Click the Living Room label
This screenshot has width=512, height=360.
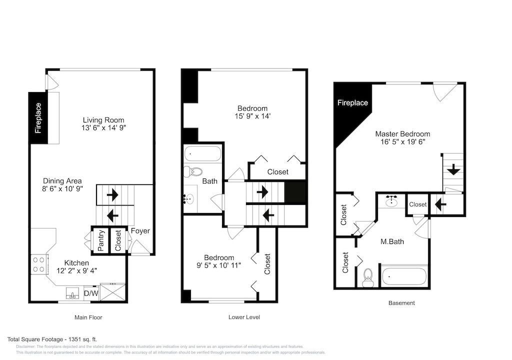103,120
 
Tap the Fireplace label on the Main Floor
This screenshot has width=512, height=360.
38,118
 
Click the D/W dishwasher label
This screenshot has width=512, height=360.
91,293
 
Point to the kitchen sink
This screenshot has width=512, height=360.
72,293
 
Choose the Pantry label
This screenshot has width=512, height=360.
101,240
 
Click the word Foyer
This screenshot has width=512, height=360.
140,230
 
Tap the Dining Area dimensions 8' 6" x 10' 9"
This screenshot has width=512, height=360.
62,188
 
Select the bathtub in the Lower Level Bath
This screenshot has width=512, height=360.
203,153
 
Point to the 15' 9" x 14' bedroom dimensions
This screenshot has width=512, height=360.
252,116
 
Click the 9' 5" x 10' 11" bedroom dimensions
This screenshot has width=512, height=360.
219,265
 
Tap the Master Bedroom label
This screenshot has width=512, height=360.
402,134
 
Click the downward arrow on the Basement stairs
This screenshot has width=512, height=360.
453,170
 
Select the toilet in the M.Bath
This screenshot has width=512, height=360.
368,277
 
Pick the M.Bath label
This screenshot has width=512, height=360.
392,241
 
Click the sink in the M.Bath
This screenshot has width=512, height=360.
391,201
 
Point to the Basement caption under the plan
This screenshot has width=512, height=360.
401,303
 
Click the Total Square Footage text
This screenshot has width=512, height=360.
52,339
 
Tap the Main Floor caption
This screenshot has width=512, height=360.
88,317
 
